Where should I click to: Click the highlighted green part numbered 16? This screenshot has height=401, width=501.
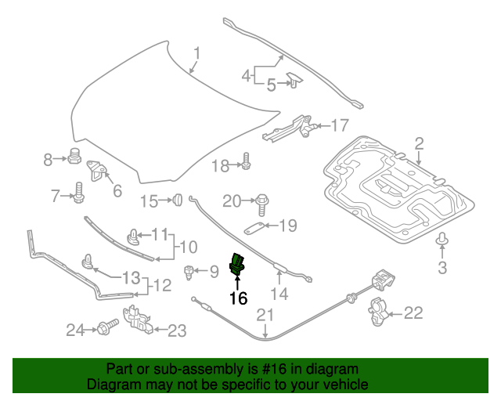pyautogui.click(x=236, y=264)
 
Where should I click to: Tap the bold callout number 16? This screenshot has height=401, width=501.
pyautogui.click(x=238, y=298)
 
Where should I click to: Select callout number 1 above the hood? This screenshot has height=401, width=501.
pyautogui.click(x=198, y=54)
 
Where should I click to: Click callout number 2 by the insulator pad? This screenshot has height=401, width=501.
pyautogui.click(x=419, y=143)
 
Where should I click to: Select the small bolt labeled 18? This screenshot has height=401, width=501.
pyautogui.click(x=246, y=162)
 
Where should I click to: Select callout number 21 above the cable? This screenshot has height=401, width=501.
pyautogui.click(x=266, y=316)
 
